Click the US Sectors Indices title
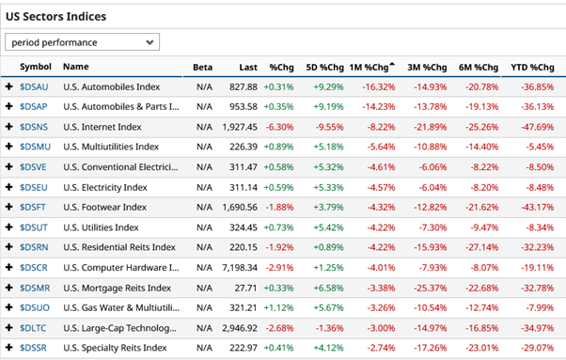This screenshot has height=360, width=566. (56, 17)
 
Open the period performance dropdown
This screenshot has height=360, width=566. (83, 42)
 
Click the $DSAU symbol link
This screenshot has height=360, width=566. (36, 86)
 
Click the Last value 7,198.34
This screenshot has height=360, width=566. (239, 267)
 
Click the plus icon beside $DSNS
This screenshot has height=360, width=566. (9, 126)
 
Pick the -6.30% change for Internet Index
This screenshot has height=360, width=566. (279, 126)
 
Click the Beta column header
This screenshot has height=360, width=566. (202, 67)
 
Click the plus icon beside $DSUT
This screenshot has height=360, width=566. (9, 227)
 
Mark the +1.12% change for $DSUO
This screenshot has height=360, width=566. (279, 307)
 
